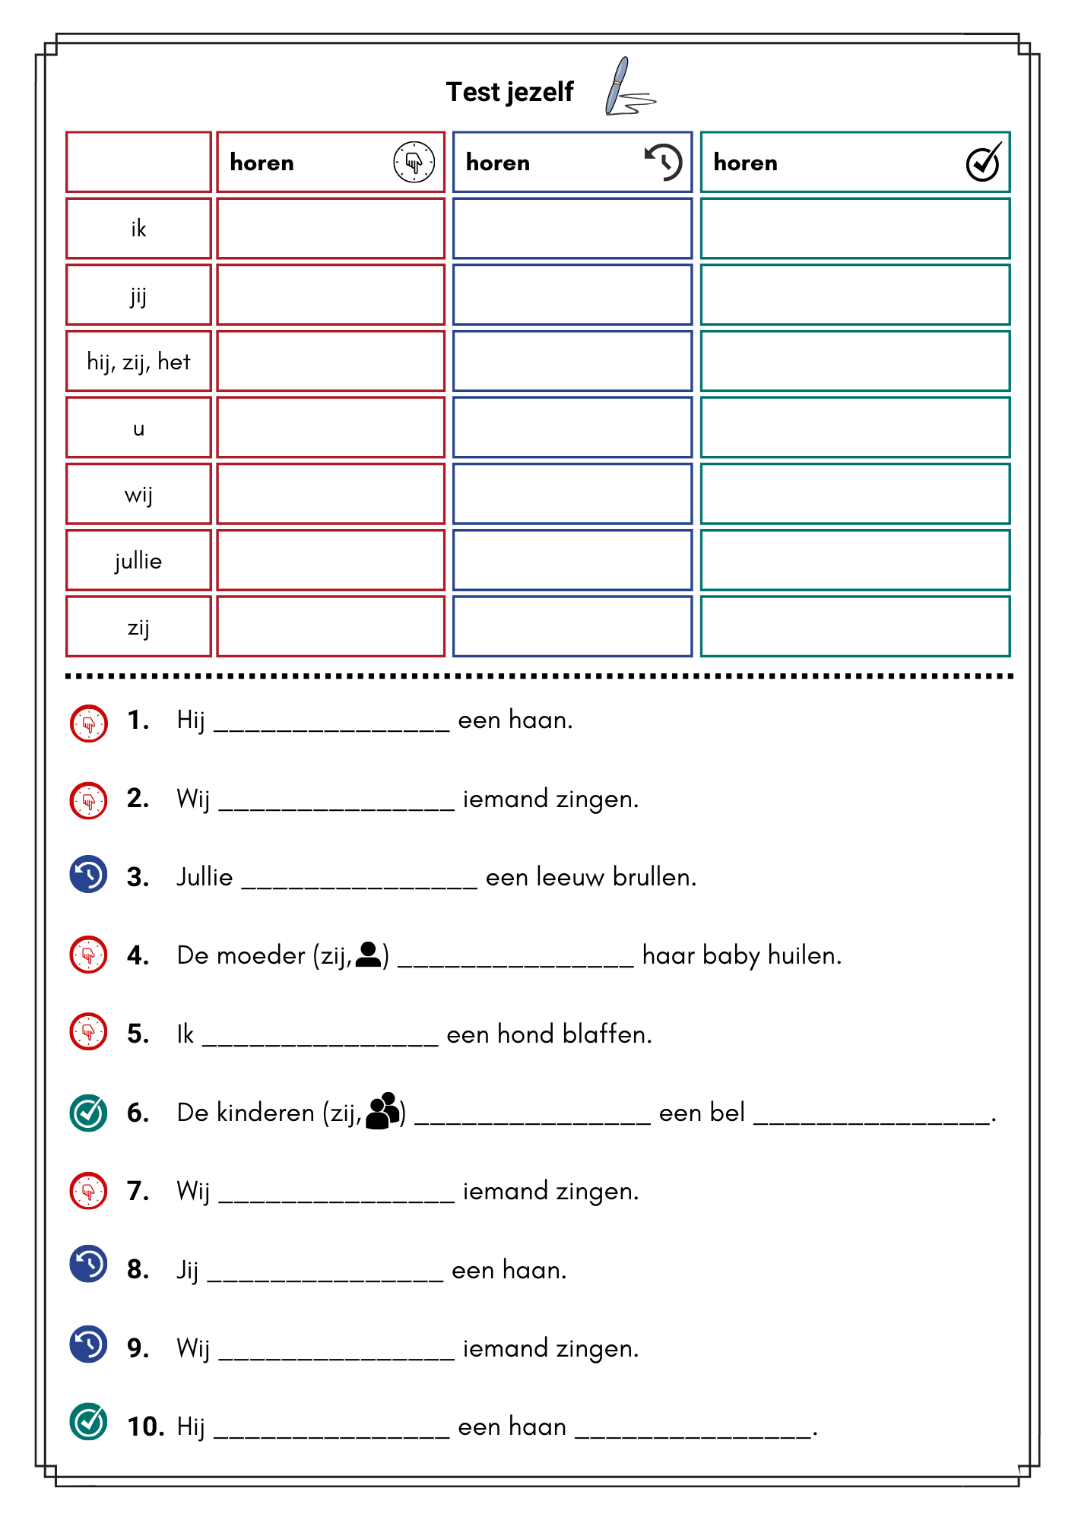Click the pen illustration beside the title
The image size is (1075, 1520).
(x=626, y=88)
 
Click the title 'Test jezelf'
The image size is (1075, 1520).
(x=509, y=92)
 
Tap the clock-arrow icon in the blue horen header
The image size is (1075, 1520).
(x=663, y=162)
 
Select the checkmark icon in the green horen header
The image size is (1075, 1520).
(x=983, y=162)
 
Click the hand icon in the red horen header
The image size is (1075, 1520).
(x=414, y=162)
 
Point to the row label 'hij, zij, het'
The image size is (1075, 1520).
(x=138, y=362)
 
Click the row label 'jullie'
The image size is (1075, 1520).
(x=138, y=561)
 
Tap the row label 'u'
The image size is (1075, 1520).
(x=138, y=429)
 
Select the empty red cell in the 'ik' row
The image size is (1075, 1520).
(x=331, y=229)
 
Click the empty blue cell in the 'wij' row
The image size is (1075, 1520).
(x=572, y=494)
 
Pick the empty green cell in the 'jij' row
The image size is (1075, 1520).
(x=855, y=295)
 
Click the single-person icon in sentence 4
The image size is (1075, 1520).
(x=368, y=955)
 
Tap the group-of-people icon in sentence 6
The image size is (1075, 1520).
(x=383, y=1111)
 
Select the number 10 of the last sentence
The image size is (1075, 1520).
(x=145, y=1427)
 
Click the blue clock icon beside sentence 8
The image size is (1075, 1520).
(x=89, y=1264)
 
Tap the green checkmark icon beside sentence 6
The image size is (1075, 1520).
(x=89, y=1113)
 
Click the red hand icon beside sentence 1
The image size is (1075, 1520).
(x=89, y=723)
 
